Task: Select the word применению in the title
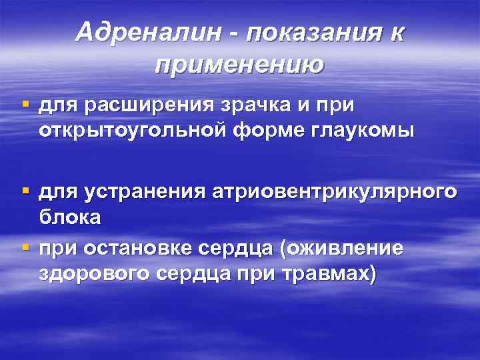point(239,65)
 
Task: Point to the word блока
point(69,217)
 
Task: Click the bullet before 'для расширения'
point(26,104)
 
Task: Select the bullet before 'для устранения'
point(26,191)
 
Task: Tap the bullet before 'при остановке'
point(26,247)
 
